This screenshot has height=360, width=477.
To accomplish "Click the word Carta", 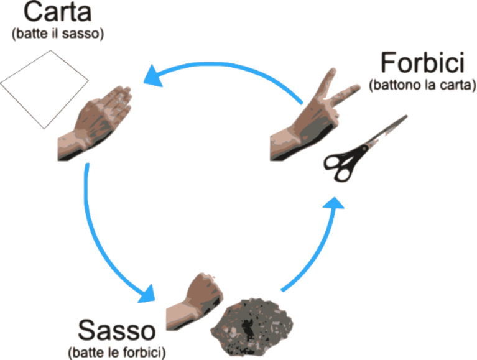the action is click(57, 12).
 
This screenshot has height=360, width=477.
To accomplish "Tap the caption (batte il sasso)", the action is click(58, 34).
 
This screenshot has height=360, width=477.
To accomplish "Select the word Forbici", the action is click(422, 62).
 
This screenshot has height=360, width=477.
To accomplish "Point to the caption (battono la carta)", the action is click(422, 85).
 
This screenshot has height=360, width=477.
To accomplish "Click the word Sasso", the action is click(117, 330).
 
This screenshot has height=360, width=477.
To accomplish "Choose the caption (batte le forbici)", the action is click(117, 353).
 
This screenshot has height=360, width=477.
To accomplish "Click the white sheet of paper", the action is click(44, 90).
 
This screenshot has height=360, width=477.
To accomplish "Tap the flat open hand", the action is click(95, 123).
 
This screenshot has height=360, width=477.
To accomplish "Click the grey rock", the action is click(252, 327).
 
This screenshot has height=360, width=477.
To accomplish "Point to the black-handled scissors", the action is click(365, 149).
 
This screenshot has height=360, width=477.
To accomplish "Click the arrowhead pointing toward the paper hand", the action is click(154, 76).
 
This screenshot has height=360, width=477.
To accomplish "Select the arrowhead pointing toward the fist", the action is click(147, 294).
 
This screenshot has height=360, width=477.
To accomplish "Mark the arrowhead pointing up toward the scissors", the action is click(334, 203).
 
